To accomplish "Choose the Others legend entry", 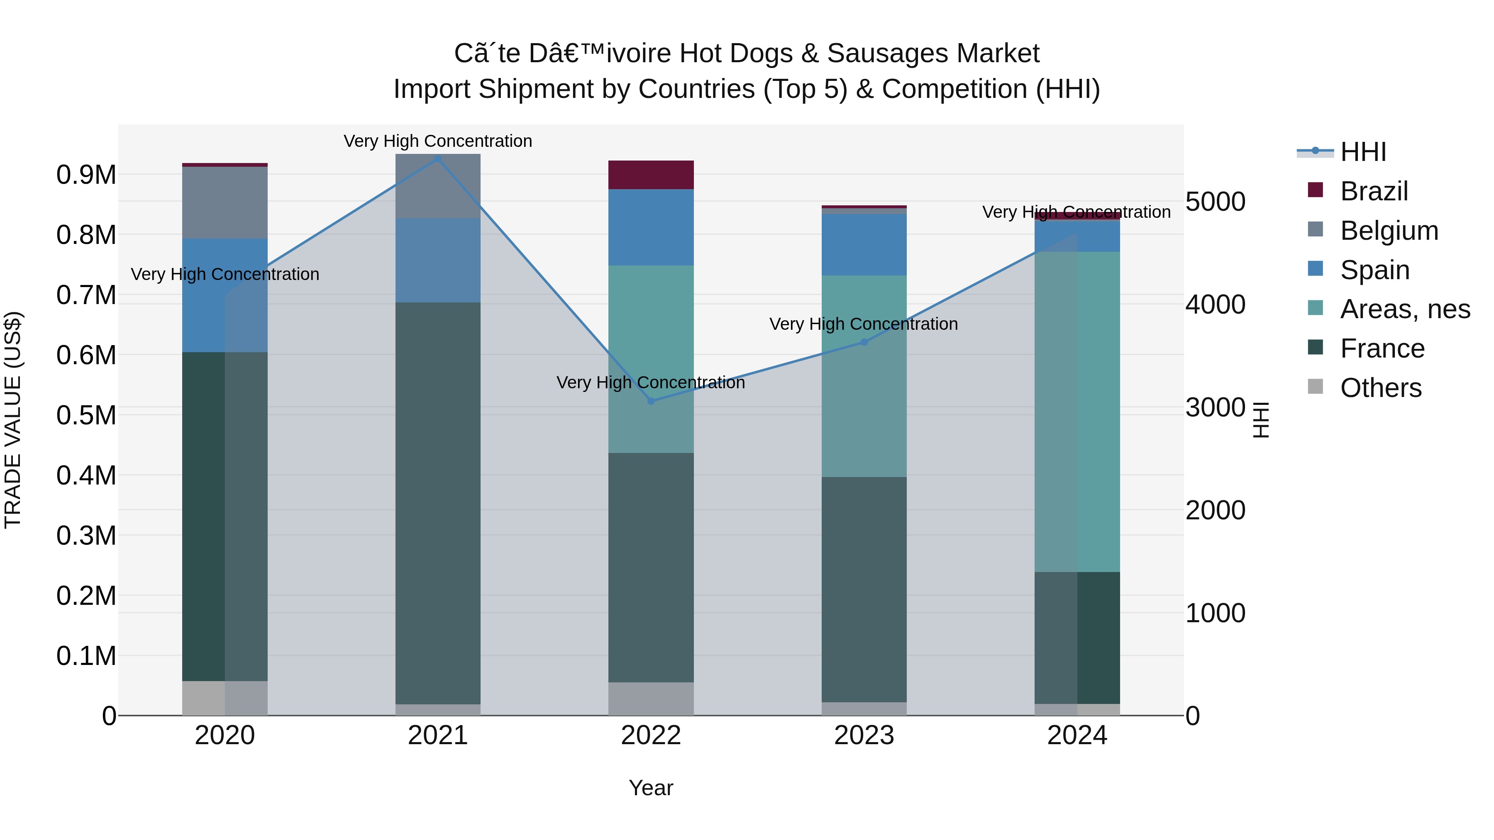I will pos(1380,388).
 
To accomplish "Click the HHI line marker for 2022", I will pos(651,401).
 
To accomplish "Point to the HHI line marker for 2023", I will pos(864,342).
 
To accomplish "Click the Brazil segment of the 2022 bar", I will pos(651,175).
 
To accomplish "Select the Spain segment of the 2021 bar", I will pos(438,260).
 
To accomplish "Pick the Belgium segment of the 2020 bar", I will pos(225,202).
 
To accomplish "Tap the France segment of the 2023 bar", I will pos(864,589).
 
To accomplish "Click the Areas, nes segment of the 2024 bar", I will pos(1077,411).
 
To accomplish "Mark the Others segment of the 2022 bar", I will pos(651,699).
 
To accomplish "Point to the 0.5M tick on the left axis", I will pos(86,415).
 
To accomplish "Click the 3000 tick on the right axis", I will pos(1215,407).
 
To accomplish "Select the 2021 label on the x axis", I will pos(438,735).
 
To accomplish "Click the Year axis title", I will pos(651,788).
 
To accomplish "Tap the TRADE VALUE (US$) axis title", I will pos(13,420).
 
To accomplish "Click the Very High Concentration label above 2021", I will pos(438,141).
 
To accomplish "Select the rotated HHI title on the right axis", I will pos(1261,420).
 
